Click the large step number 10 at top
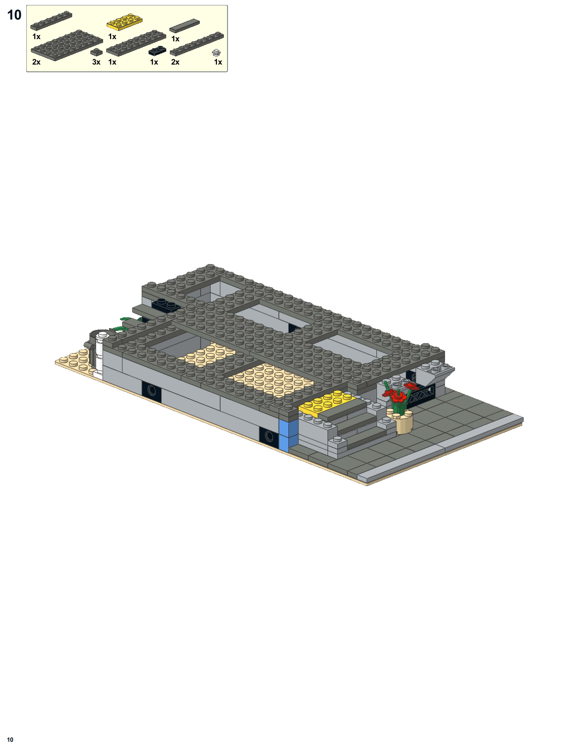coord(14,15)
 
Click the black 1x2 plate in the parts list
coord(157,51)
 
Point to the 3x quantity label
coord(96,62)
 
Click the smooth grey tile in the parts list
coord(185,26)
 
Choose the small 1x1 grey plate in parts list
coord(96,52)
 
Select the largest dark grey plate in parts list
coord(67,45)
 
